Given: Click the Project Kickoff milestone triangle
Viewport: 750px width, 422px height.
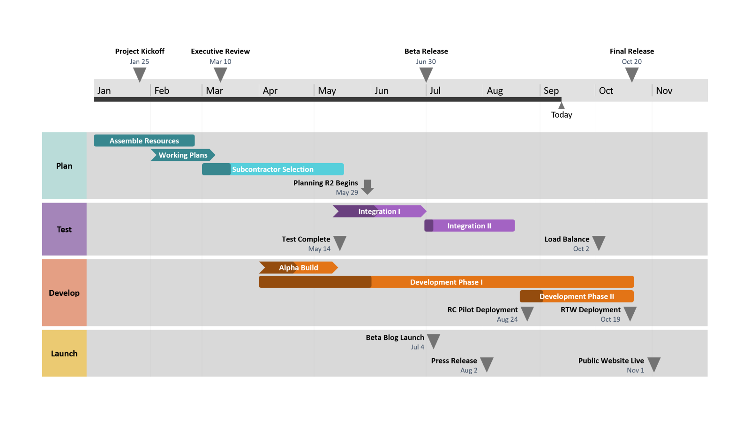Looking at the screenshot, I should coord(140,74).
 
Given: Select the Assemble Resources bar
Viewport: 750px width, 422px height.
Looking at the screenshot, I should coord(144,141).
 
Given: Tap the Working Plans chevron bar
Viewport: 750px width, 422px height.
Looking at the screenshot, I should coord(183,155).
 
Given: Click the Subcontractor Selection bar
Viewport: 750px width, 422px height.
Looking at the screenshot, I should coord(273,169).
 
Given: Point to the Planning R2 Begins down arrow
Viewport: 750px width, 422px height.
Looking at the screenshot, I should coord(367,187).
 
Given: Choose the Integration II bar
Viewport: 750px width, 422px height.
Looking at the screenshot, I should coord(469,226).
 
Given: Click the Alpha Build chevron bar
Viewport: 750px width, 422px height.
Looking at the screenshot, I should coord(298,268).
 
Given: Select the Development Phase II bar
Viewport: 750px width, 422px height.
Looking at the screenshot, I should coord(577,296).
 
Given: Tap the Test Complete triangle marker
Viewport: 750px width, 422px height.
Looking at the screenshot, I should coord(340,242).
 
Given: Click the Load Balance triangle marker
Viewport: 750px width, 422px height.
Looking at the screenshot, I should coord(599,242).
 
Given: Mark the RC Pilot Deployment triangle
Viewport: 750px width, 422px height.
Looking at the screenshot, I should coord(527,313).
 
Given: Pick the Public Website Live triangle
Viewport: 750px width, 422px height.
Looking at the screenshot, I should coord(654,364).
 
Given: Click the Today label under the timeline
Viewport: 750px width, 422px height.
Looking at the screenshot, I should coord(562,115).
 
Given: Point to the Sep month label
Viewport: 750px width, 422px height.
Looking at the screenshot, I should coord(551,90).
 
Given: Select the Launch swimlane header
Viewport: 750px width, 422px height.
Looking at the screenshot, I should coord(64,354).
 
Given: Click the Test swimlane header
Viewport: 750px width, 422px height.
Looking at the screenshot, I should coord(64,229).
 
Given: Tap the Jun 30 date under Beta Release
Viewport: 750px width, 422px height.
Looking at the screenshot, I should coord(426,61).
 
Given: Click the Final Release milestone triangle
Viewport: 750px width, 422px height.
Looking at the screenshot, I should coord(632,74).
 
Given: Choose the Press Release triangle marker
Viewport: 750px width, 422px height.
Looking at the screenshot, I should coord(487,364).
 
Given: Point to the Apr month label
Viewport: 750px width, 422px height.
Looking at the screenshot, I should coord(270,90).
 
